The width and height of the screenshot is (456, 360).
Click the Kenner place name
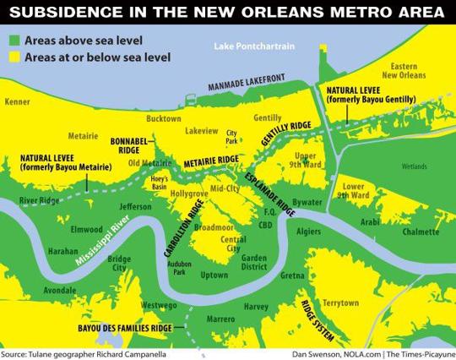pyautogui.click(x=18, y=101)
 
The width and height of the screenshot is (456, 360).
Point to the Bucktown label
pyautogui.click(x=164, y=119)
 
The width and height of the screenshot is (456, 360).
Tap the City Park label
pyautogui.click(x=231, y=135)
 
